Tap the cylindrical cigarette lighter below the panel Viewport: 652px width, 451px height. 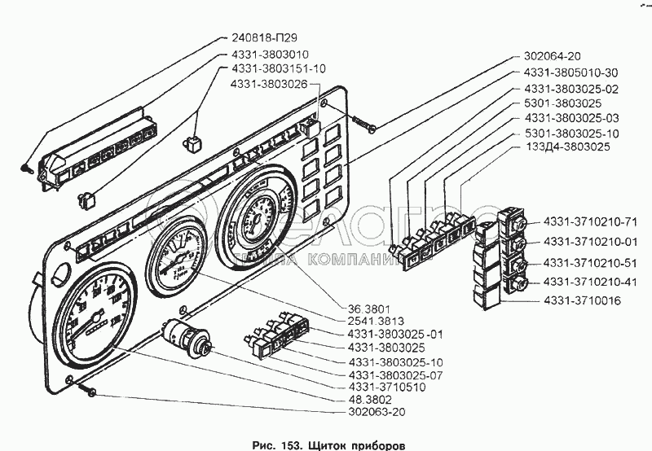click(x=188, y=336)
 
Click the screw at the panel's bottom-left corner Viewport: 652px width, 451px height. click(x=90, y=394)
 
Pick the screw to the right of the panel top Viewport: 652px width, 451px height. click(x=365, y=123)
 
